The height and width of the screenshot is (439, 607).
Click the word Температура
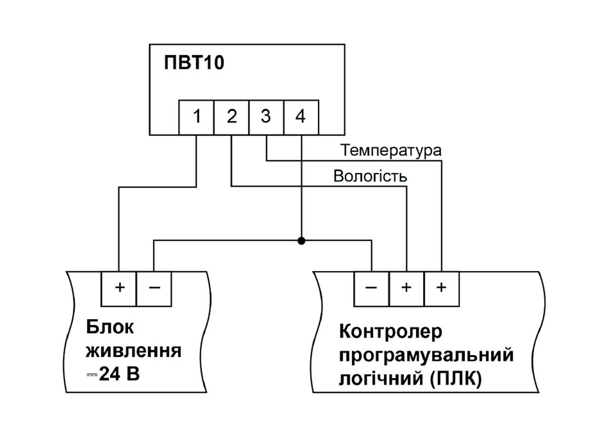tap(391, 150)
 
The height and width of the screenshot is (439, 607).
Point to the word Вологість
tap(370, 177)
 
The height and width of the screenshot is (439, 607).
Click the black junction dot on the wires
tap(301, 241)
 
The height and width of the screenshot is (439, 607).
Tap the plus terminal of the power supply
tap(119, 288)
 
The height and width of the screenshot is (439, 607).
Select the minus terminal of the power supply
tap(154, 288)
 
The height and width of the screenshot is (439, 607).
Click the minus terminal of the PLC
tap(371, 288)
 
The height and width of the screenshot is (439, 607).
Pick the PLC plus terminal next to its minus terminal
tap(406, 288)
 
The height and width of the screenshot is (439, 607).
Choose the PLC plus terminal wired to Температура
tap(442, 288)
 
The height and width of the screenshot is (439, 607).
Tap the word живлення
tap(134, 350)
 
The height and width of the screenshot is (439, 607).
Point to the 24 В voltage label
tap(119, 375)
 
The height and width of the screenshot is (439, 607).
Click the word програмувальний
tap(426, 356)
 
